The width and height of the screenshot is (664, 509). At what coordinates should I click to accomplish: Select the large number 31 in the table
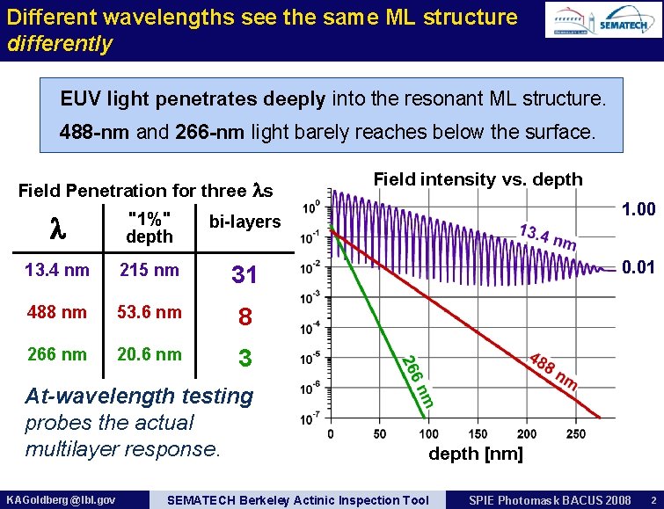coord(244,275)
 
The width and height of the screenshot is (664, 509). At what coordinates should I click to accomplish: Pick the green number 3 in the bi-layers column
coord(245,360)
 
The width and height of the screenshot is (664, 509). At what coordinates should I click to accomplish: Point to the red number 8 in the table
coord(245,317)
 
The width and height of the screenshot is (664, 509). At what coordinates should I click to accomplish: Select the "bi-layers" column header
coord(244,222)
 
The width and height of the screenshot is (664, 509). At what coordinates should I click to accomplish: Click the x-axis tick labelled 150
coord(478,434)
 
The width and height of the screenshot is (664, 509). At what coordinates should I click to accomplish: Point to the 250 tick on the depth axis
coord(575,434)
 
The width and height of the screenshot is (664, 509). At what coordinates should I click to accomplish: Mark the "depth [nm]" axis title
coord(475,454)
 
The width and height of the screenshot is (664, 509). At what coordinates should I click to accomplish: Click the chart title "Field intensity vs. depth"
coord(478,179)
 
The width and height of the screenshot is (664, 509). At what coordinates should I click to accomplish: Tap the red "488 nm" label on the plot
coord(553,372)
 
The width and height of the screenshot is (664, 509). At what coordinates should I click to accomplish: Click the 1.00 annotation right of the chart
coord(638,209)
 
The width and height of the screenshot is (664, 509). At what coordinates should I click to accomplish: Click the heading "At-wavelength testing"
coord(139,396)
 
